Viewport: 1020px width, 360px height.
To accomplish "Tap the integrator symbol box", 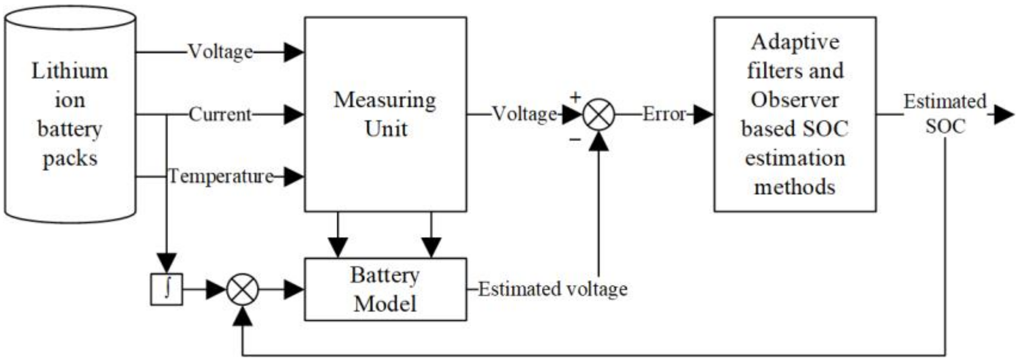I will pyautogui.click(x=167, y=289).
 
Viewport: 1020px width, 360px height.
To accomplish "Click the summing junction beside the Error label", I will pyautogui.click(x=599, y=115).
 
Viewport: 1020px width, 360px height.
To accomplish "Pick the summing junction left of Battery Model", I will pyautogui.click(x=242, y=290).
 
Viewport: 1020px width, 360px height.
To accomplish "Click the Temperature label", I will pyautogui.click(x=221, y=176).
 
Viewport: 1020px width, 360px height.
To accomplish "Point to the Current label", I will pyautogui.click(x=220, y=114).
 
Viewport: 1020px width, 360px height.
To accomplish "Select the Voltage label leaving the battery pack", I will pyautogui.click(x=220, y=52).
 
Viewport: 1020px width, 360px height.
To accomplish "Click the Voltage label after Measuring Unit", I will pyautogui.click(x=525, y=114).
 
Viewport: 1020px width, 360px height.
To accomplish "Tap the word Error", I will pyautogui.click(x=664, y=114).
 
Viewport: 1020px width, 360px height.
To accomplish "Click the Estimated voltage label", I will pyautogui.click(x=553, y=289).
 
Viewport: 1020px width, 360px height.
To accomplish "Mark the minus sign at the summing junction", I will pyautogui.click(x=575, y=139).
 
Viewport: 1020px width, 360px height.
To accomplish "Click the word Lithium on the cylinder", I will pyautogui.click(x=70, y=72).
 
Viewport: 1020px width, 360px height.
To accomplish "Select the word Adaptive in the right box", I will pyautogui.click(x=795, y=42).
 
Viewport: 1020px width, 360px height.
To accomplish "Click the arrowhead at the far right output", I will pyautogui.click(x=1003, y=115).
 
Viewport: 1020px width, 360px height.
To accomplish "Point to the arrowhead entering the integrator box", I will pyautogui.click(x=167, y=263).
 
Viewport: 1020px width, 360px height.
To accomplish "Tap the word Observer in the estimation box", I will pyautogui.click(x=795, y=100).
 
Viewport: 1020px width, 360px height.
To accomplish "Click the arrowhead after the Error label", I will pyautogui.click(x=703, y=115).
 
